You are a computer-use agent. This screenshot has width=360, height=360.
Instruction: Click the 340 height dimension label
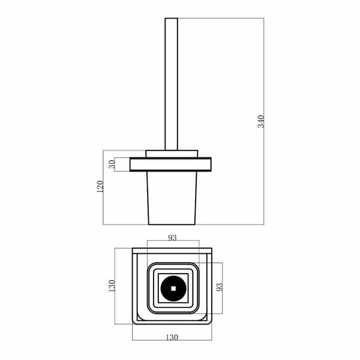point(261,121)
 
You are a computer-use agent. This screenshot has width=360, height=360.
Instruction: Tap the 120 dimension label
point(100,187)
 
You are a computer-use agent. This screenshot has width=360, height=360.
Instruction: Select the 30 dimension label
point(112,164)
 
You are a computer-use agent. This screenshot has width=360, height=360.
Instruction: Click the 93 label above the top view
point(172,238)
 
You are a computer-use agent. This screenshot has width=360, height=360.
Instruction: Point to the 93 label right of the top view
point(220,287)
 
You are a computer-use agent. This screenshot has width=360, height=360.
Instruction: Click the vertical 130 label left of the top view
point(112,286)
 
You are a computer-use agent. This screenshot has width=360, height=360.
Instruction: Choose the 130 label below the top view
point(172,337)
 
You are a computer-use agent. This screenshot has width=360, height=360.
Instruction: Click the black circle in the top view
point(173,289)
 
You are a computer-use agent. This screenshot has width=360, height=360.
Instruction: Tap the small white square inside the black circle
point(173,289)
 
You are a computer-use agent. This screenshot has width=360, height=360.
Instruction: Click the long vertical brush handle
point(171,84)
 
